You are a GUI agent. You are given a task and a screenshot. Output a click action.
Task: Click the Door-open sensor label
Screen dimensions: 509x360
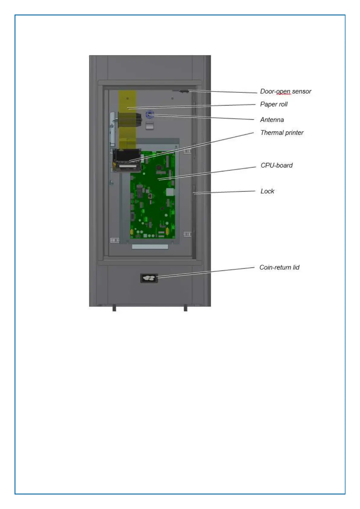coord(285,91)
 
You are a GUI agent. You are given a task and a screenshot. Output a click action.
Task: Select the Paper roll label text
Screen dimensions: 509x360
coord(274,104)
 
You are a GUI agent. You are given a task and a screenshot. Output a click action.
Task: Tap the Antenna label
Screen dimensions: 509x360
coord(272,120)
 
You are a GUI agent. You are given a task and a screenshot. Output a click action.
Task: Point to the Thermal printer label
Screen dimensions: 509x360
coord(282,133)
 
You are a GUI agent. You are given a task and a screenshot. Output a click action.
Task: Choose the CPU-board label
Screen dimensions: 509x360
coord(277,165)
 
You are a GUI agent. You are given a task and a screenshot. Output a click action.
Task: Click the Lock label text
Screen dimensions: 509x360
coord(267,191)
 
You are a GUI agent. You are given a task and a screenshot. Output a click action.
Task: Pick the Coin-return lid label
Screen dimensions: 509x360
coord(279,267)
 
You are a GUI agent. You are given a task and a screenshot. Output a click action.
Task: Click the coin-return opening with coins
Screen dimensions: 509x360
coord(149,278)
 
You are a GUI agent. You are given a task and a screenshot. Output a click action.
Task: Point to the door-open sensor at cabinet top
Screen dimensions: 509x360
coord(183,91)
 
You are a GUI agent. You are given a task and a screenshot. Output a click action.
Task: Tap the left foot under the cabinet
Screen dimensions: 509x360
coord(114,309)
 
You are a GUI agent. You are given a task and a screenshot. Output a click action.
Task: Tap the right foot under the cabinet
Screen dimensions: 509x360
coord(185,309)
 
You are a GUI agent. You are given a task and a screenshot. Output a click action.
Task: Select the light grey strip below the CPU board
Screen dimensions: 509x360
coord(150,247)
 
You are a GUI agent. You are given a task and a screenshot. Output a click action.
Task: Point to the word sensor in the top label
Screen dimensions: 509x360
coord(302,91)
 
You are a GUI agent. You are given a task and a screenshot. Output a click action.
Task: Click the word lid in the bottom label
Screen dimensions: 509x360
coord(296,267)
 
